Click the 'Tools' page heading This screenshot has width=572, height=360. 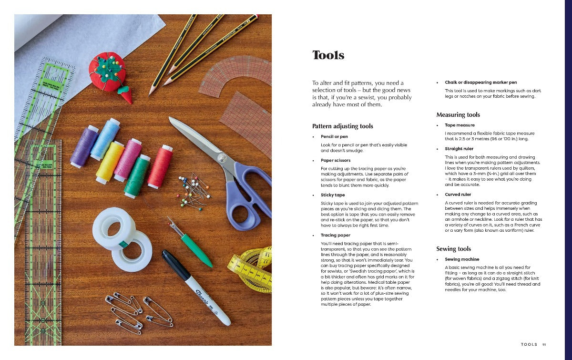tap(328, 55)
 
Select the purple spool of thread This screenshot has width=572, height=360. tap(84, 146)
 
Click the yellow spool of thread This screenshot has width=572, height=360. tap(110, 162)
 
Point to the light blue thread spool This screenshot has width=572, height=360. tap(104, 139)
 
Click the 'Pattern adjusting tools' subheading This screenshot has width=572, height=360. tap(342, 126)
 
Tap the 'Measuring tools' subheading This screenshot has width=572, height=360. tap(458, 115)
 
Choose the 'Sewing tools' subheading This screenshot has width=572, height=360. tap(453, 249)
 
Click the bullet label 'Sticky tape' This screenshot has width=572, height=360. tap(333, 195)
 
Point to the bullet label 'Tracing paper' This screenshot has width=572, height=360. tap(335, 236)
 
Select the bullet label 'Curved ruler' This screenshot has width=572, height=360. tap(458, 195)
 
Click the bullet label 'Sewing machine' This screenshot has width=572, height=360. tap(462, 259)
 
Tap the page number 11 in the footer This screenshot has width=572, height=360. tap(544, 344)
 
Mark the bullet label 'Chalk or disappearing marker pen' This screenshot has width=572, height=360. tap(480, 82)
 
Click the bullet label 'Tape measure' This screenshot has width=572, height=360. tap(460, 125)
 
